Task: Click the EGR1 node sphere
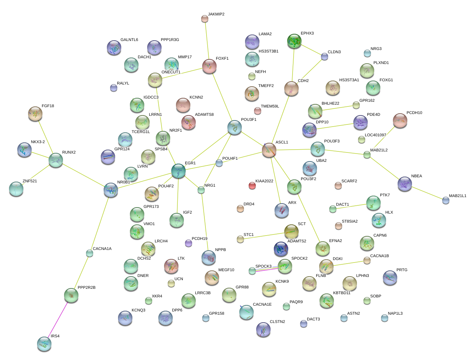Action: pyautogui.click(x=178, y=171)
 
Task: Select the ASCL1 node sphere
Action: pyautogui.click(x=269, y=150)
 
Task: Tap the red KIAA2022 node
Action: pyautogui.click(x=252, y=186)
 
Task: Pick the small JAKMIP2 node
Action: pyautogui.click(x=204, y=19)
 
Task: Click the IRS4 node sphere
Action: pyautogui.click(x=44, y=344)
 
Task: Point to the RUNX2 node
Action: pyautogui.click(x=56, y=160)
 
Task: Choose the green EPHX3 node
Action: pyautogui.click(x=294, y=41)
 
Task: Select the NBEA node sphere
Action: pyautogui.click(x=405, y=184)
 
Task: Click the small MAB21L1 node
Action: pyautogui.click(x=446, y=200)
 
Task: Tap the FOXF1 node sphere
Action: pyautogui.click(x=209, y=66)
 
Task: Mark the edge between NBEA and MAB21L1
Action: pyautogui.click(x=426, y=192)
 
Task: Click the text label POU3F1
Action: pyautogui.click(x=249, y=120)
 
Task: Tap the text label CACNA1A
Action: pyautogui.click(x=102, y=249)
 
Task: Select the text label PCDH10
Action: pyautogui.click(x=414, y=113)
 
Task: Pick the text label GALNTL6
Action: pyautogui.click(x=129, y=40)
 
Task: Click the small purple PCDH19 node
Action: pyautogui.click(x=188, y=243)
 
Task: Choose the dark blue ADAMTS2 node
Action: pyautogui.click(x=281, y=249)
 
